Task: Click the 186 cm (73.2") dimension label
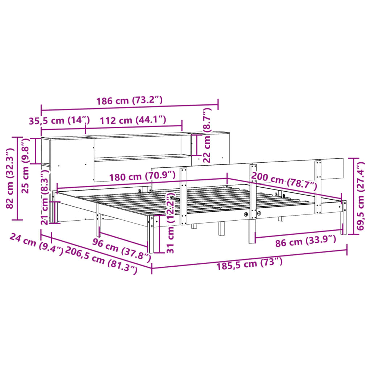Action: (x=129, y=101)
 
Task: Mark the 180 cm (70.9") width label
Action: (x=142, y=176)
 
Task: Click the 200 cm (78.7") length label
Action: (x=284, y=182)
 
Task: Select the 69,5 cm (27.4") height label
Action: (x=361, y=196)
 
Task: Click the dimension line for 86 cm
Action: (x=299, y=233)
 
